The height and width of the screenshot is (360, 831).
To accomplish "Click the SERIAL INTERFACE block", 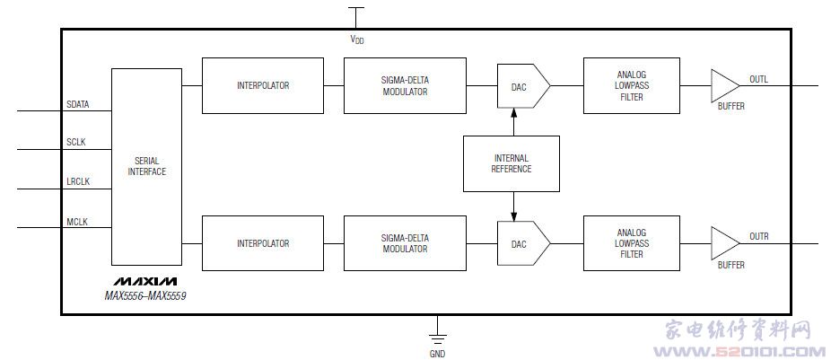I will [x=146, y=166].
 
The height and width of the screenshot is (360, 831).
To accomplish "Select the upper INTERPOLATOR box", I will [x=263, y=85].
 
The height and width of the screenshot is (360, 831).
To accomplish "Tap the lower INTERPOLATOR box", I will [x=263, y=243].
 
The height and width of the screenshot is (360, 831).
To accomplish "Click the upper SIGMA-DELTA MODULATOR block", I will [x=405, y=85].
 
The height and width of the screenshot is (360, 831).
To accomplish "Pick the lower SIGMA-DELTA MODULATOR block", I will [x=405, y=243].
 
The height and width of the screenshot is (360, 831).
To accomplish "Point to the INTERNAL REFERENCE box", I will [x=511, y=163].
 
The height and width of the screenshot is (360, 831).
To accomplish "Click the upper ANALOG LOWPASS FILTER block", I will [x=631, y=85].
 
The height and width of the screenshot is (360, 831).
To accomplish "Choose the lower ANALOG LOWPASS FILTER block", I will [x=631, y=243].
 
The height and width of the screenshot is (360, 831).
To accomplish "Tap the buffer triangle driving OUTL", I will [x=722, y=85].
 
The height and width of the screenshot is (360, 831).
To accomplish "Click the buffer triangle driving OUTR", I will [x=722, y=243].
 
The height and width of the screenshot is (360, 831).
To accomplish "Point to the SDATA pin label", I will [x=79, y=105].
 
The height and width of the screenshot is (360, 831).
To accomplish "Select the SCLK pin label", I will [x=76, y=143].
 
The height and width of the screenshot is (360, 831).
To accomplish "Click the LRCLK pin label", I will [x=78, y=182].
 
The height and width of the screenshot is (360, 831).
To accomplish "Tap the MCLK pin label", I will [x=76, y=222].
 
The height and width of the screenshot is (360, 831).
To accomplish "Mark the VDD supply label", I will [x=356, y=40].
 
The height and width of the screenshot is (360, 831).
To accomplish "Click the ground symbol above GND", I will [x=437, y=337].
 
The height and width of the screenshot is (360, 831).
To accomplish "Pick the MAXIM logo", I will [x=144, y=281].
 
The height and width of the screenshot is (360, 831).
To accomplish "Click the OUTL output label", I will [x=758, y=79].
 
